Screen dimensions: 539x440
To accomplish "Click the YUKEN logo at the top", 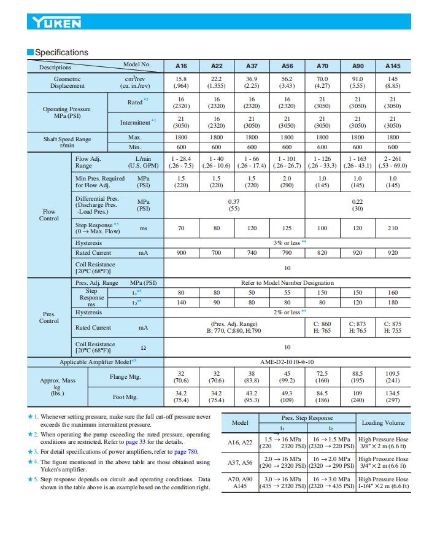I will pos(56,23).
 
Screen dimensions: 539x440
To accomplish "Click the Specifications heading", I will pos(61,53).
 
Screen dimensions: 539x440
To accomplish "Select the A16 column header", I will pos(181,66).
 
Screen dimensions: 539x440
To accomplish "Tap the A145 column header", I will pos(393,66).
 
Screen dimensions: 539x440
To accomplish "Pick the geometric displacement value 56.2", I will pos(287,79).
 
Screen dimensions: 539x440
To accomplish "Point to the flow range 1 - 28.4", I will pos(181,158).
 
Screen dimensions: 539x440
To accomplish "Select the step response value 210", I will pos(393,228).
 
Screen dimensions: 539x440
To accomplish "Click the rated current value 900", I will pos(181,252).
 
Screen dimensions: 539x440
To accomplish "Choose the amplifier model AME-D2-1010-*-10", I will pos(287,362).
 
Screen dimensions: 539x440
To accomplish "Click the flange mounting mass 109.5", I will pos(393,373).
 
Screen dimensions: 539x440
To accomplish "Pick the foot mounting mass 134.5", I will pos(393,394).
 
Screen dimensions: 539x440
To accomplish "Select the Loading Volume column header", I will pos(383,423).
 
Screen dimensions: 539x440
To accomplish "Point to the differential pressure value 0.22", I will pos(357,201).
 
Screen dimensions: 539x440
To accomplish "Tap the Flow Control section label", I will pos(49,215).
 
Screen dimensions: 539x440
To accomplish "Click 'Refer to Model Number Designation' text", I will pos(287,283).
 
